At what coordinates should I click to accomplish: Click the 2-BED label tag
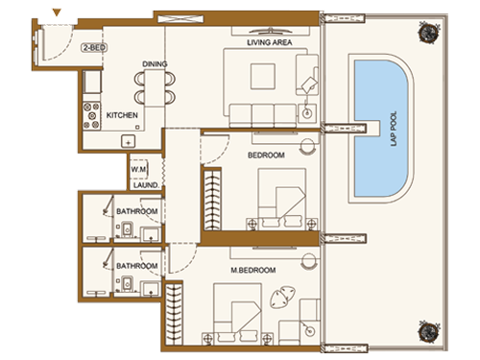93,46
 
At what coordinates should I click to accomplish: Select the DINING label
156,63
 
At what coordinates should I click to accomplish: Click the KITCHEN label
122,115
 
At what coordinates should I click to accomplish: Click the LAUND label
146,186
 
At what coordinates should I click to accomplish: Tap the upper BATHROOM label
137,210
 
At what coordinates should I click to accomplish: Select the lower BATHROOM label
137,266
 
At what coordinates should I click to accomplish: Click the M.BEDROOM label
254,271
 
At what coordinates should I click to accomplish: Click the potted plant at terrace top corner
423,32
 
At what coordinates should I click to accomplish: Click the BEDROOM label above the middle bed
266,155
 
